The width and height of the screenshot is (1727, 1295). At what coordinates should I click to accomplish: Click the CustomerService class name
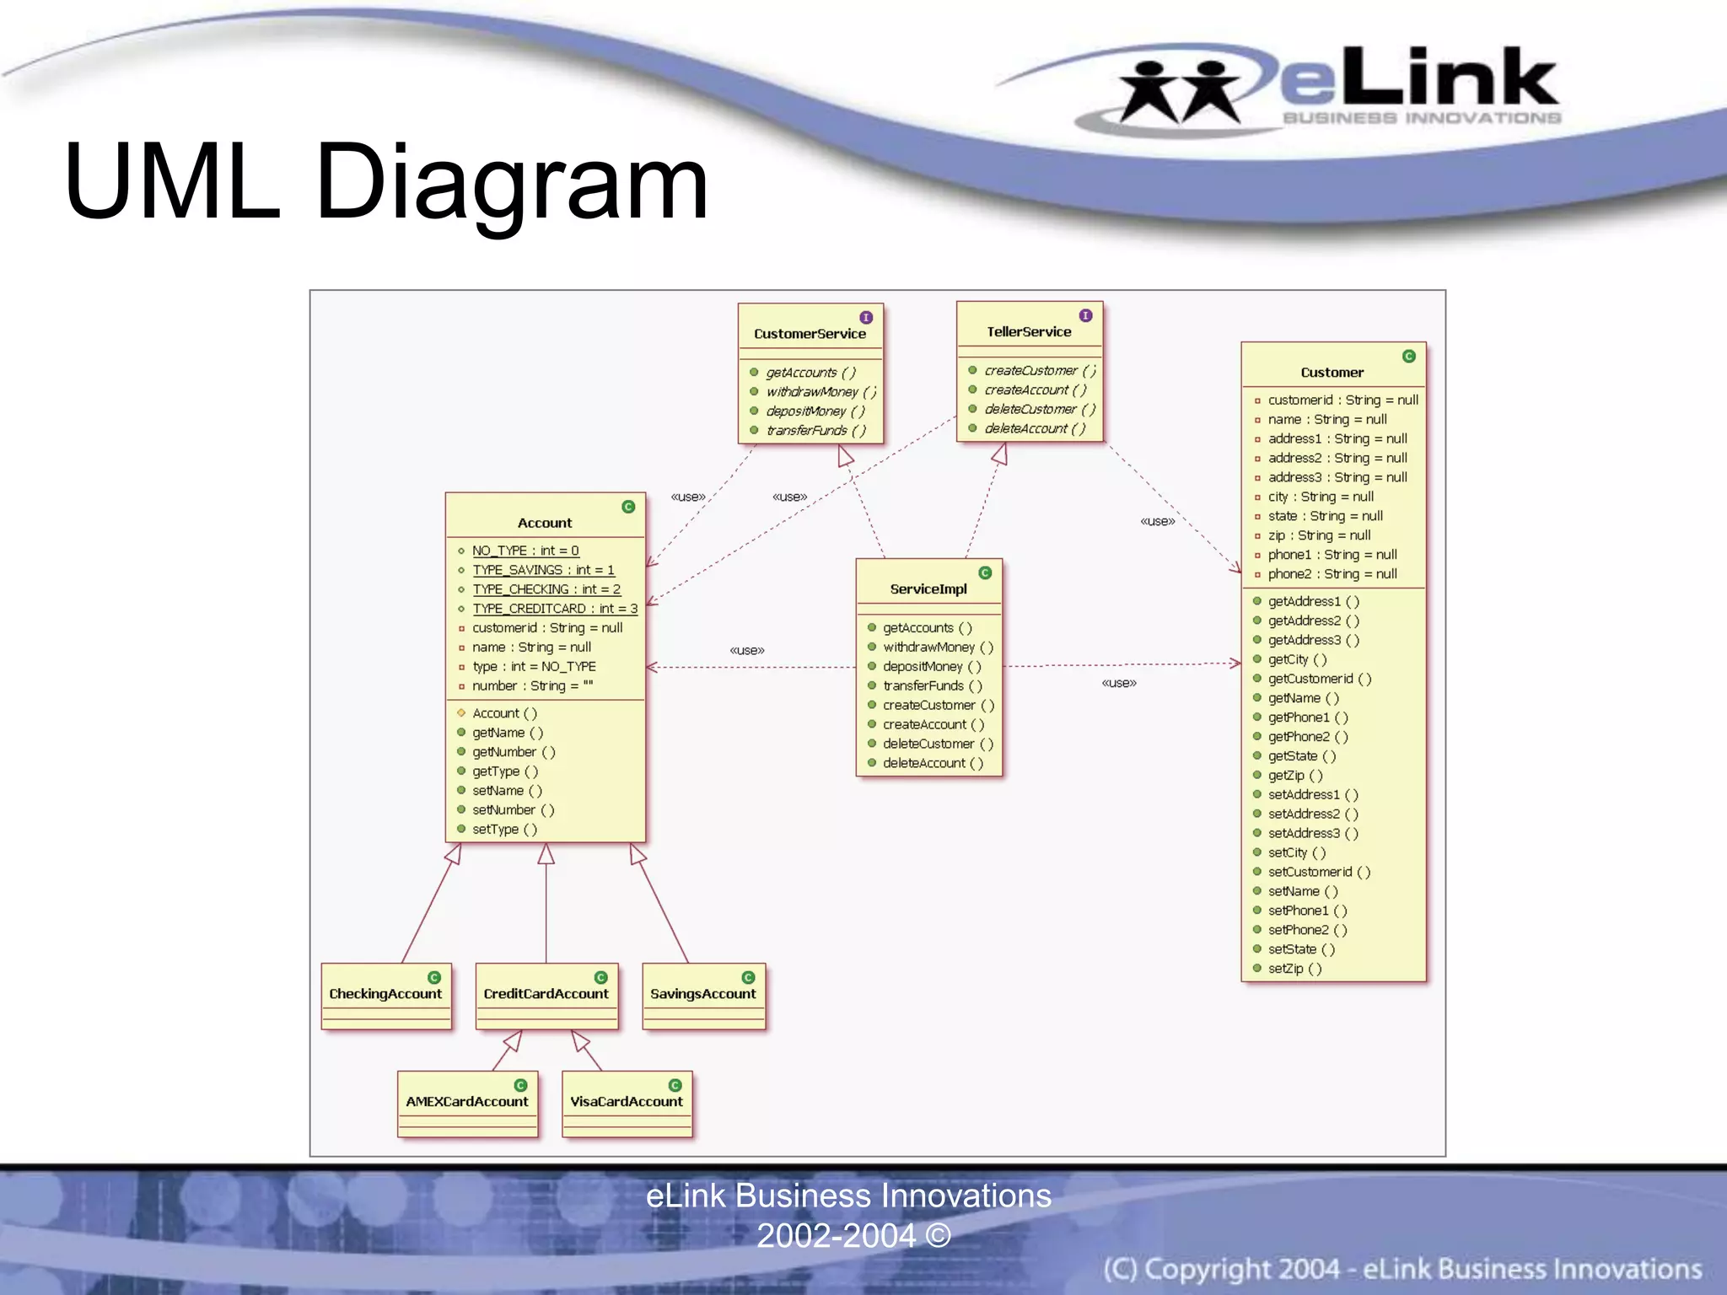click(x=810, y=334)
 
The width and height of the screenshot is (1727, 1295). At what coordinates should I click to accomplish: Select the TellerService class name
click(x=1029, y=332)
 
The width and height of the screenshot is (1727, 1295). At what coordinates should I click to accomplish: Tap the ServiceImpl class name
click(x=928, y=589)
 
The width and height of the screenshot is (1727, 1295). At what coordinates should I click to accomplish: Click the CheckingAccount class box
click(x=386, y=996)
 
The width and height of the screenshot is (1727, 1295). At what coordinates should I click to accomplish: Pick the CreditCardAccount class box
click(x=546, y=996)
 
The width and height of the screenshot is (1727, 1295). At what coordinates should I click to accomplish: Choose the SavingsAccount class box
click(x=703, y=996)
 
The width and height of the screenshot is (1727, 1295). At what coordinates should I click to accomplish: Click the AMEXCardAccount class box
click(x=467, y=1103)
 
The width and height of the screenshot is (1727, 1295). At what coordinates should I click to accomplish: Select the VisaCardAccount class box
click(x=627, y=1103)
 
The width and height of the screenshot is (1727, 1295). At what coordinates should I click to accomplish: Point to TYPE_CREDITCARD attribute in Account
click(x=554, y=609)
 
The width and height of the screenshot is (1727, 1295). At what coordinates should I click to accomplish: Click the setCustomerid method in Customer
click(x=1319, y=872)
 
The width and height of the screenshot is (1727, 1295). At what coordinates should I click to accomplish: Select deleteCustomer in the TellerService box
click(x=1040, y=410)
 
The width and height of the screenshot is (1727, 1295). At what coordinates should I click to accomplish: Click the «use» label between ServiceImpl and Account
click(x=747, y=650)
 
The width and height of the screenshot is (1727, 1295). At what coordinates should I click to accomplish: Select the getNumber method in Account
click(x=513, y=752)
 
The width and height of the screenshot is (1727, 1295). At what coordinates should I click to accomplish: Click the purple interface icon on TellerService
click(x=1085, y=315)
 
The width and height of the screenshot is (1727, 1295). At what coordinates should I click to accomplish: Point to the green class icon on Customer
click(x=1408, y=357)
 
